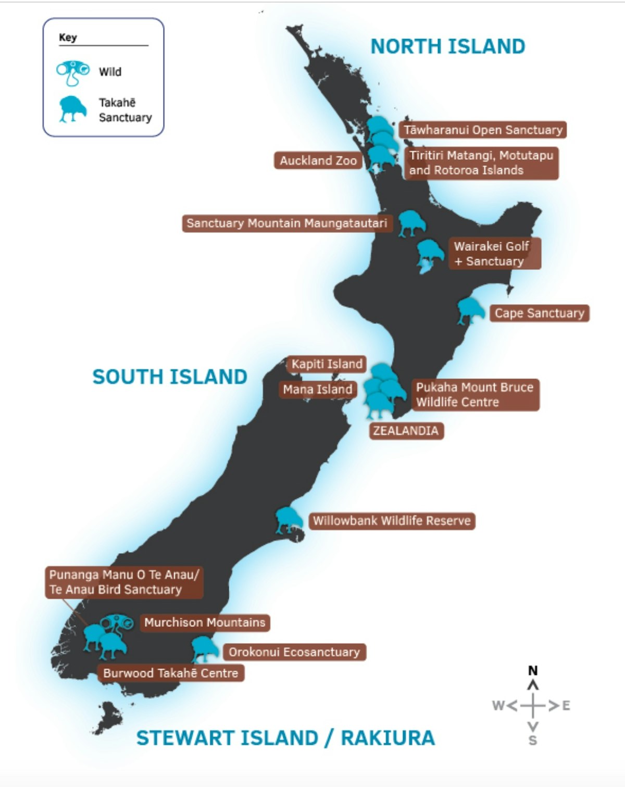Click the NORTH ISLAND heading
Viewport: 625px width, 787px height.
[447, 46]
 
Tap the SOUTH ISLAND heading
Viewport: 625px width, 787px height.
[170, 377]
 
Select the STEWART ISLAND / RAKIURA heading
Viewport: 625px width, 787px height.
[285, 738]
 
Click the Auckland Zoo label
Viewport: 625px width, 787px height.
[318, 160]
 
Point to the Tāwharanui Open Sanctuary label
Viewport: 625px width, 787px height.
[483, 130]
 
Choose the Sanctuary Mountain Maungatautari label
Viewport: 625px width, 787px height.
[287, 223]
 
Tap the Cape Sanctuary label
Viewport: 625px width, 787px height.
[539, 313]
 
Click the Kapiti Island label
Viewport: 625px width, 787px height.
[327, 364]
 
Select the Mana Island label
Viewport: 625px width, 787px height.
[318, 389]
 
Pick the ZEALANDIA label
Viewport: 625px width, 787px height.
[406, 431]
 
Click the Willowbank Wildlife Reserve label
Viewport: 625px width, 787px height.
[392, 521]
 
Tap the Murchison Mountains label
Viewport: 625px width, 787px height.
[205, 622]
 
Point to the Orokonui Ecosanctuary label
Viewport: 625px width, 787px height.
[294, 652]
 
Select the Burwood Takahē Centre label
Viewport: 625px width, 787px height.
[170, 673]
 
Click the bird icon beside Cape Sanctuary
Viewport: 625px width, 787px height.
[470, 311]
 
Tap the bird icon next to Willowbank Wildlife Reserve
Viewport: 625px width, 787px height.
[288, 520]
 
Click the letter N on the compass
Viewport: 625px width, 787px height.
[533, 671]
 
